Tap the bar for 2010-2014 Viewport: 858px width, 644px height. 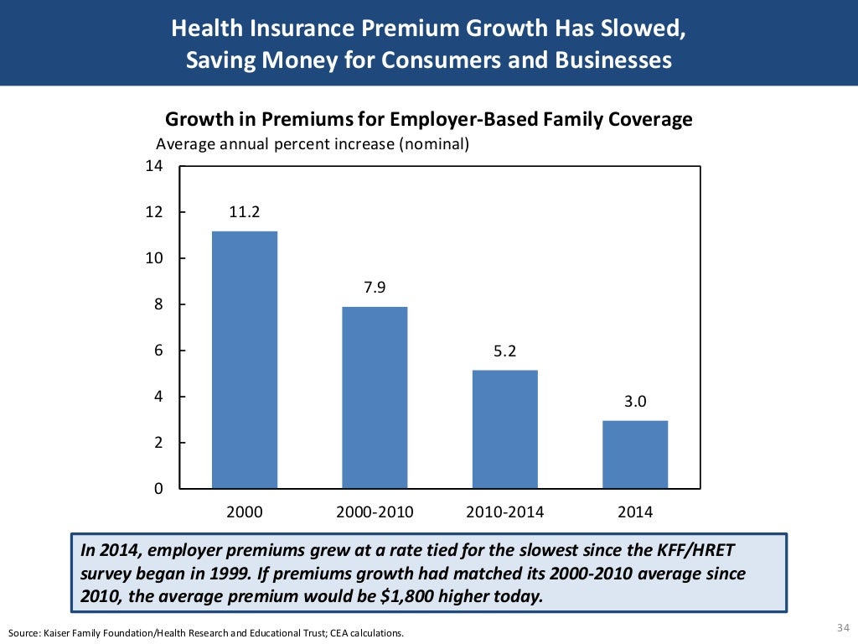504,428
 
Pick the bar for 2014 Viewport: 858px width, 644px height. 635,454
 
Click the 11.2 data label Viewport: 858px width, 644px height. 245,213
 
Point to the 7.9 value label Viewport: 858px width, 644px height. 375,288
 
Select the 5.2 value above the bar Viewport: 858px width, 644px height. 504,351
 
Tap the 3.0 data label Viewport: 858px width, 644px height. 635,402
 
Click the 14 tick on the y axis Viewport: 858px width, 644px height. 153,166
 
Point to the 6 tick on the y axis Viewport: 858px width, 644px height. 157,351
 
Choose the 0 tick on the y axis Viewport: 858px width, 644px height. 157,489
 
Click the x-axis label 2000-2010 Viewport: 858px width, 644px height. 375,512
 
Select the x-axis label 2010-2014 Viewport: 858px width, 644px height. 504,512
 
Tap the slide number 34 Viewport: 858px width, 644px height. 842,628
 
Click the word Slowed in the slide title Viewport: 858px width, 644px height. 650,29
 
